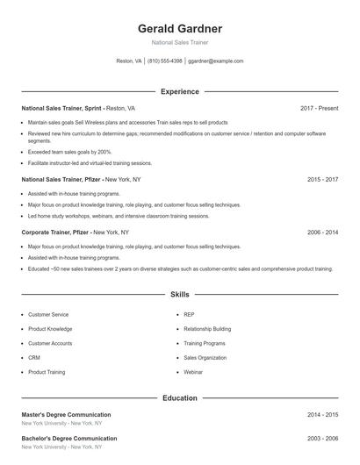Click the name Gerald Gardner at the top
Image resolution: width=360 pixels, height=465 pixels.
[x=180, y=28]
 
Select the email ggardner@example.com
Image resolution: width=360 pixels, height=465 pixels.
[x=215, y=61]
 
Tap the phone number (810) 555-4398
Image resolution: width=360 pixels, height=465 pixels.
[x=165, y=61]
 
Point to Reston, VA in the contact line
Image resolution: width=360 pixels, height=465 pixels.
[x=129, y=61]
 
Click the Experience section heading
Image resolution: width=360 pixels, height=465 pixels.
[x=180, y=91]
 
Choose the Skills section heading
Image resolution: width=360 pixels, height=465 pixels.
[x=180, y=295]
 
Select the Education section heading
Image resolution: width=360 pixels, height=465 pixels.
[x=180, y=398]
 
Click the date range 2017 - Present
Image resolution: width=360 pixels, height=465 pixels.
[x=319, y=108]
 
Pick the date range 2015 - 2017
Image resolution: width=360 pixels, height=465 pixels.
[x=322, y=179]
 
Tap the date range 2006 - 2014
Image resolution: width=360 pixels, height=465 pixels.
[x=322, y=232]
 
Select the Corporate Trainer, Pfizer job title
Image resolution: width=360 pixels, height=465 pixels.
[x=55, y=232]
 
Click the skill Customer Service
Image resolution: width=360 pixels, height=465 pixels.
[x=48, y=314]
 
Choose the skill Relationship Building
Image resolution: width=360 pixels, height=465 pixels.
[x=207, y=328]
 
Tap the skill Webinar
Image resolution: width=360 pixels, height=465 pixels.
[x=193, y=372]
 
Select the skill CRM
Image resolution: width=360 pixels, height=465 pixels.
[x=34, y=358]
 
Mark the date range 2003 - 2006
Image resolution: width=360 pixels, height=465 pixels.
[x=322, y=438]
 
